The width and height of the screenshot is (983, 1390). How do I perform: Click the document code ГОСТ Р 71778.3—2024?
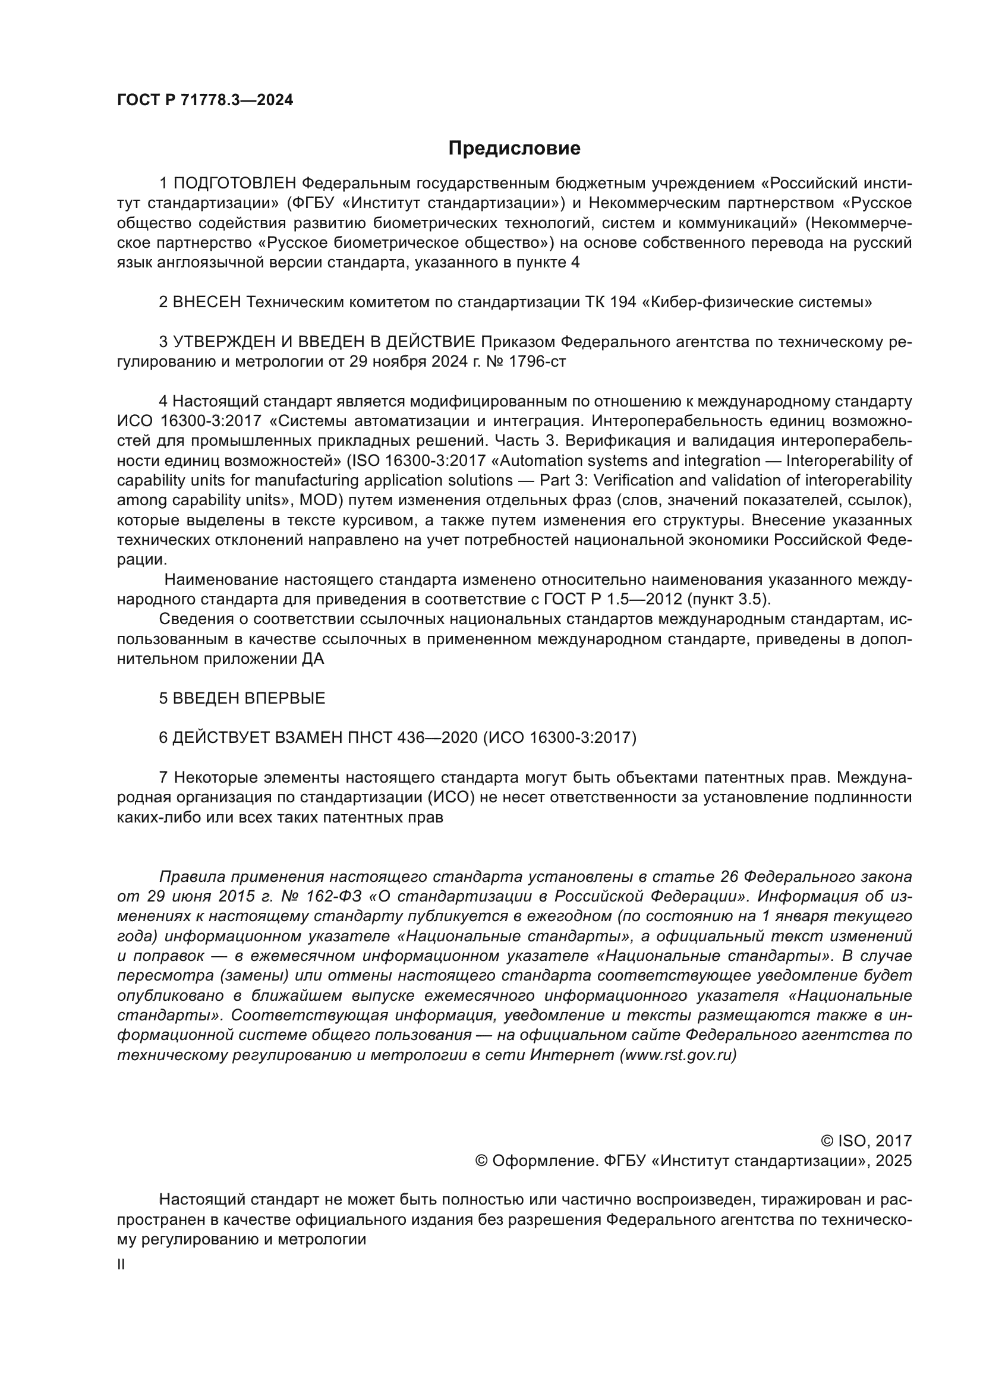[204, 100]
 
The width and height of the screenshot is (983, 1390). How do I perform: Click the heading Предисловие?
[514, 149]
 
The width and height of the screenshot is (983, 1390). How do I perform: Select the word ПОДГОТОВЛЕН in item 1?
[235, 184]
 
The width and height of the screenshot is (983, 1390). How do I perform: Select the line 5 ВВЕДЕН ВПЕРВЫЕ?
[241, 699]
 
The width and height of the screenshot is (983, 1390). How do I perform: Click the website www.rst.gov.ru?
[678, 1055]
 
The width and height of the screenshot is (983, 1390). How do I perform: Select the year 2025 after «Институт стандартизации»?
[893, 1161]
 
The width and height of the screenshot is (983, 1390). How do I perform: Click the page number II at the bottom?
[121, 1265]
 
